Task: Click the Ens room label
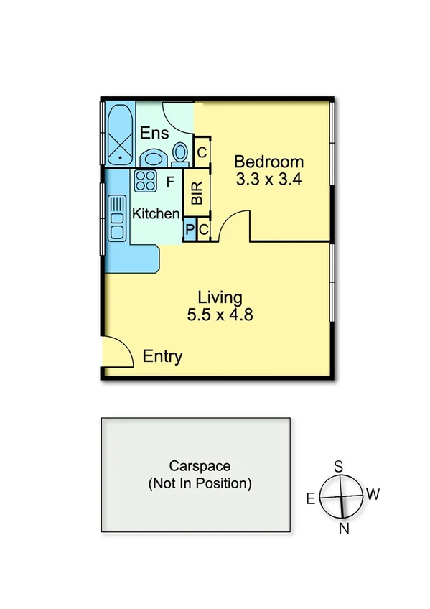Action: pyautogui.click(x=154, y=134)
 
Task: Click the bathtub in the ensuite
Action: pyautogui.click(x=119, y=134)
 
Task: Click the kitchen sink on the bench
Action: pyautogui.click(x=117, y=218)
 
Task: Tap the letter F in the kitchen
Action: pyautogui.click(x=170, y=182)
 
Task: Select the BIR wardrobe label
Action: pyautogui.click(x=197, y=192)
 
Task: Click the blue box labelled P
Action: pyautogui.click(x=190, y=230)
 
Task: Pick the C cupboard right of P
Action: pyautogui.click(x=204, y=230)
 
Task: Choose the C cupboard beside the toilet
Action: pyautogui.click(x=202, y=152)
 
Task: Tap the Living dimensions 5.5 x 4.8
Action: pyautogui.click(x=220, y=314)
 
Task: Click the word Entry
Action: pyautogui.click(x=162, y=357)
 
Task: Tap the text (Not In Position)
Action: pyautogui.click(x=200, y=483)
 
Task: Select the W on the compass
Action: pyautogui.click(x=373, y=495)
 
